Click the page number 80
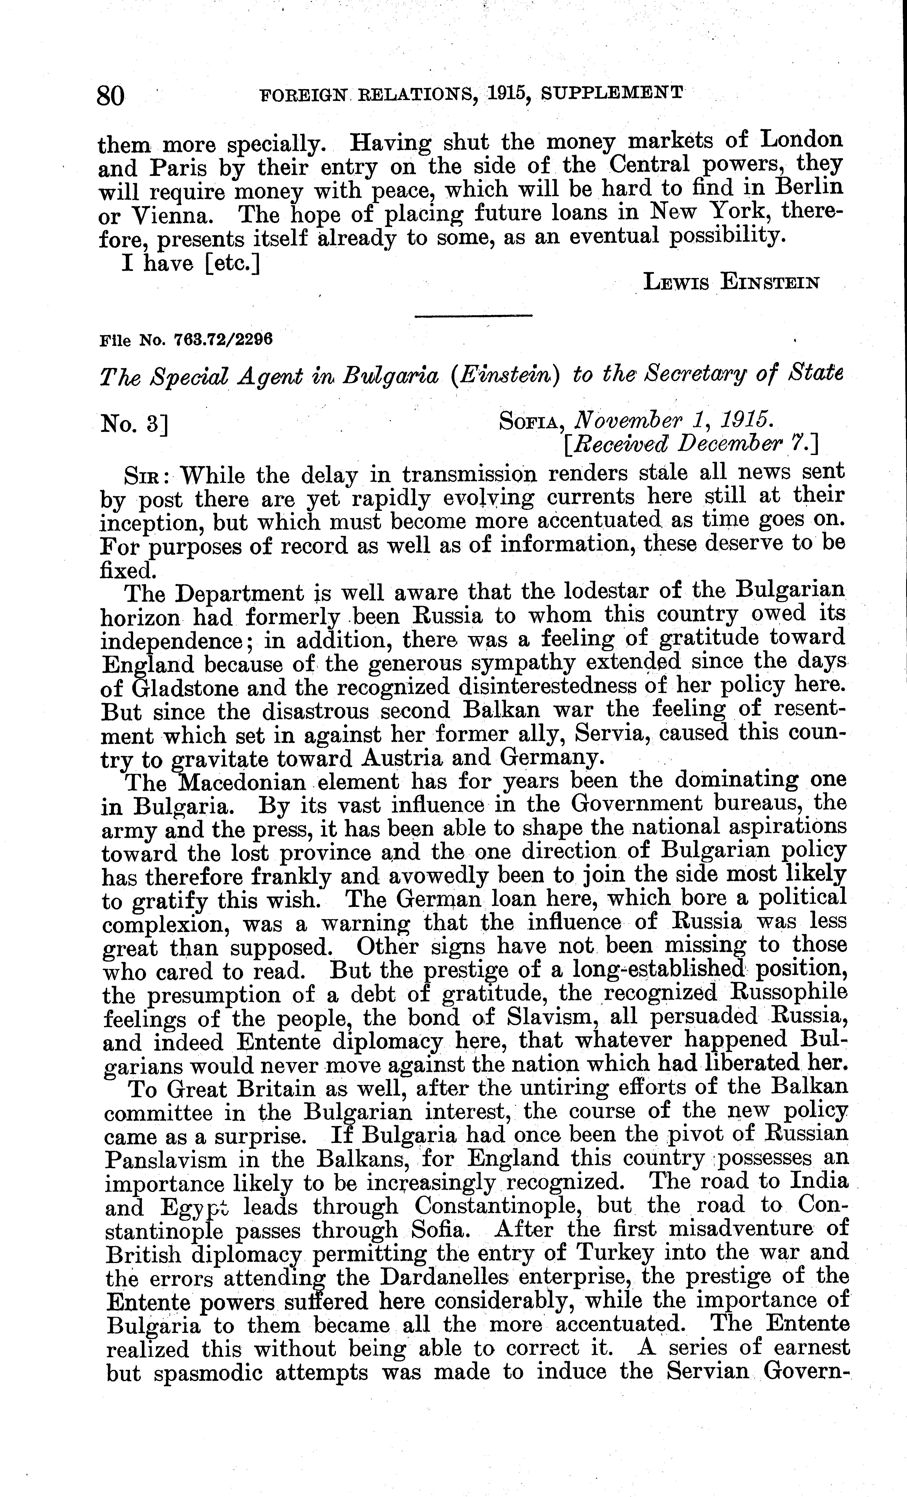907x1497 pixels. pos(111,95)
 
